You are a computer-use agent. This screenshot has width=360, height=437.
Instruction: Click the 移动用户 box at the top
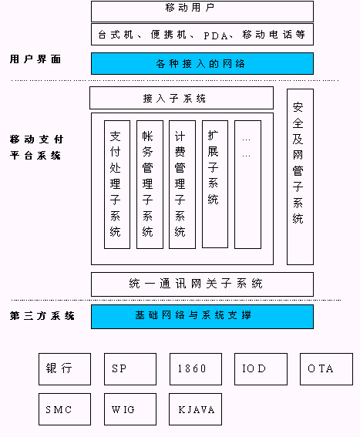pos(202,12)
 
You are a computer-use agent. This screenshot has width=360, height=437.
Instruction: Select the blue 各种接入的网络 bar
pos(202,63)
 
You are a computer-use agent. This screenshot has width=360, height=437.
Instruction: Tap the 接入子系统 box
pos(181,98)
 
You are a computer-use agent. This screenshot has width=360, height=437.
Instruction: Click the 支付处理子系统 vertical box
pos(117,184)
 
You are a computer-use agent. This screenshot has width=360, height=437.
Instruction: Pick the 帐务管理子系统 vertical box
pos(150,184)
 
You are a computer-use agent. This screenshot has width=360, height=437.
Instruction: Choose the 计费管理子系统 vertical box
pos(182,184)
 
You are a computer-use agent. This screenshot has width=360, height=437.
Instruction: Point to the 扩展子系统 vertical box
pos(215,184)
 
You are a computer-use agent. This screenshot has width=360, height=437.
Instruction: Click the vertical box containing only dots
pos(248,184)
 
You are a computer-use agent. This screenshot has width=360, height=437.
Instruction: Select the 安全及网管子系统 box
pos(301,176)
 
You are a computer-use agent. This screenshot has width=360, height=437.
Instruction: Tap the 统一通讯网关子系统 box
pos(202,284)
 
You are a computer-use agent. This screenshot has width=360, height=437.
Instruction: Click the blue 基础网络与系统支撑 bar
pos(202,317)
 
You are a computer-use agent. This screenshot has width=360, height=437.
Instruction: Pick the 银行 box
pos(65,369)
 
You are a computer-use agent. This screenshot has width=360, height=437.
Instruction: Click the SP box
pos(130,369)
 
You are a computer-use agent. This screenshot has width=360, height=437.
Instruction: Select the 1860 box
pos(196,369)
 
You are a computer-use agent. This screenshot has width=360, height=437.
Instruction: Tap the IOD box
pos(261,369)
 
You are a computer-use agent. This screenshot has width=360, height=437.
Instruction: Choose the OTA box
pos(326,369)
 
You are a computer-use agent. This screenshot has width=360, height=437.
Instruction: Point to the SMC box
pos(65,409)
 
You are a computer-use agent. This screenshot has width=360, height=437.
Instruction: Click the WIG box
pos(130,409)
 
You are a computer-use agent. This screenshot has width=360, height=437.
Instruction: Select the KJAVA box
pos(196,409)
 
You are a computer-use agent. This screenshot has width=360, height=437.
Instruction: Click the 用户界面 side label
pos(35,59)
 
